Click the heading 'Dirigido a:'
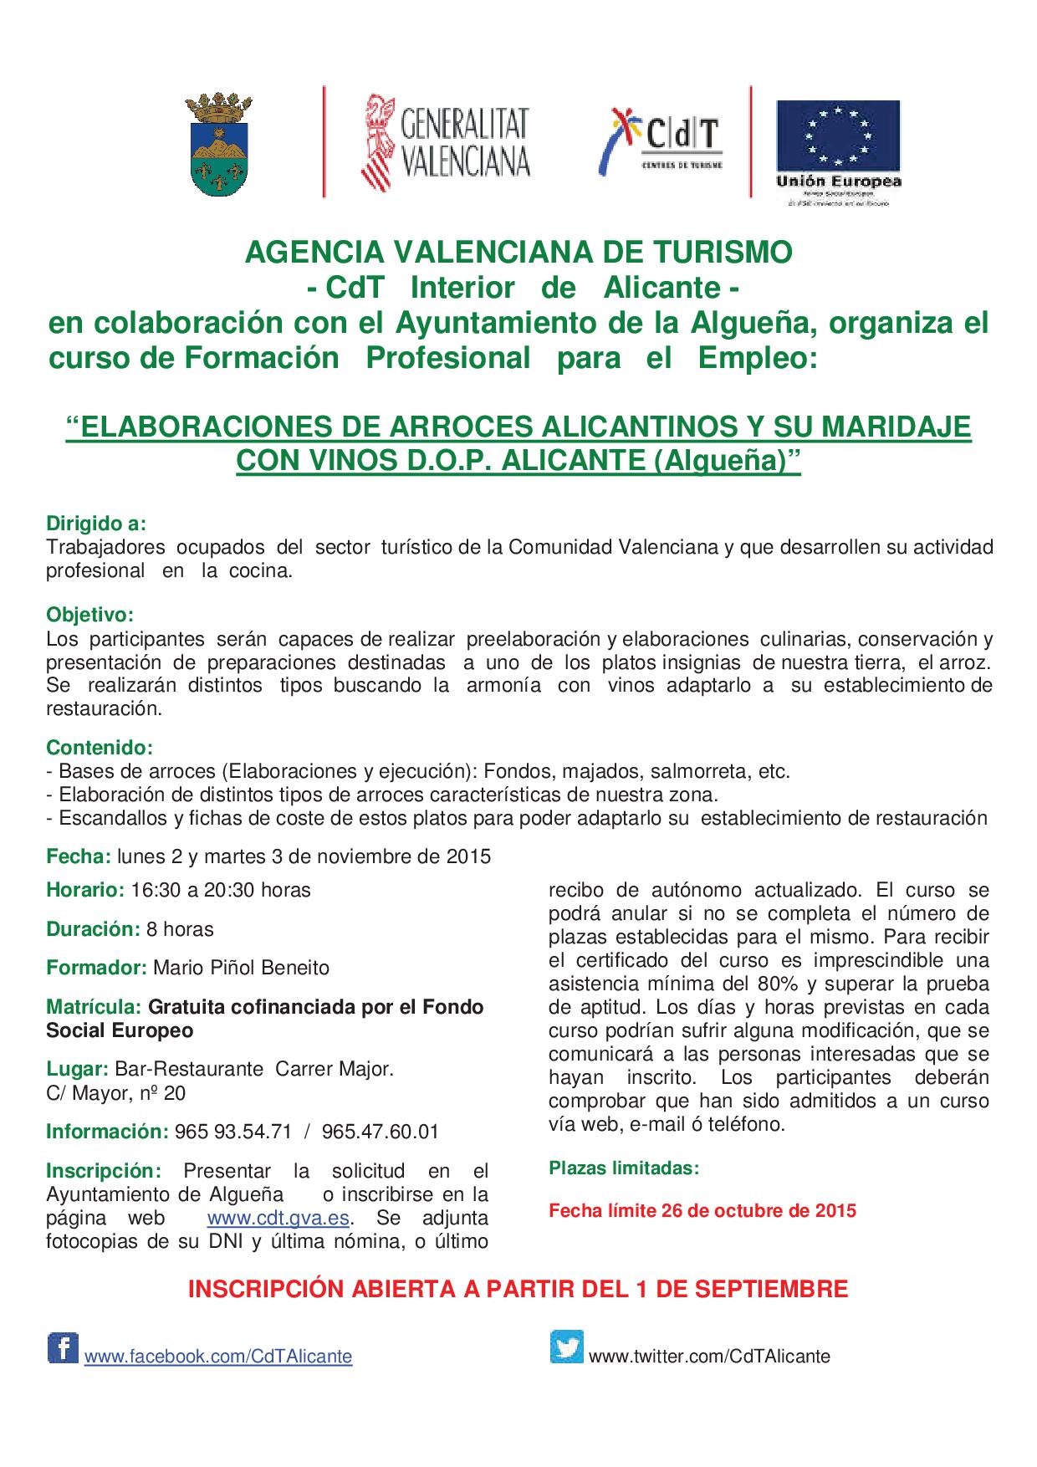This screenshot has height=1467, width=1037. click(96, 524)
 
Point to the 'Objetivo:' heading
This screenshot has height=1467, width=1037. click(89, 615)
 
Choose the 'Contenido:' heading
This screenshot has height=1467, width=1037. click(100, 747)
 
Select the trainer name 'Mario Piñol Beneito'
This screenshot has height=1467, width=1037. click(241, 968)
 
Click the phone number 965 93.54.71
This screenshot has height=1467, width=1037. click(233, 1132)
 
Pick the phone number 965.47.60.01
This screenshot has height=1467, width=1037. click(380, 1132)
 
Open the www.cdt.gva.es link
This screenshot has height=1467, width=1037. click(278, 1217)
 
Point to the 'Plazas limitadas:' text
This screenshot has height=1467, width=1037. click(624, 1168)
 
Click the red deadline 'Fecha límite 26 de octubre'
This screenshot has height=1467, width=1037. click(702, 1210)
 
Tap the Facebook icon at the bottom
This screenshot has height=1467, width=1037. click(63, 1349)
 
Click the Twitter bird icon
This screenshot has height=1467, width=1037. click(566, 1347)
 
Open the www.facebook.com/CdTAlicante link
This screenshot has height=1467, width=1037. click(218, 1356)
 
